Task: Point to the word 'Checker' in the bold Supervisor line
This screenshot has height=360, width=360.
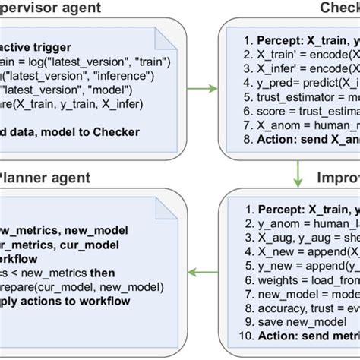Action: [116, 132]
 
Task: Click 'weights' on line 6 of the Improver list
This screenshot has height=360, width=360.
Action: [267, 280]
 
